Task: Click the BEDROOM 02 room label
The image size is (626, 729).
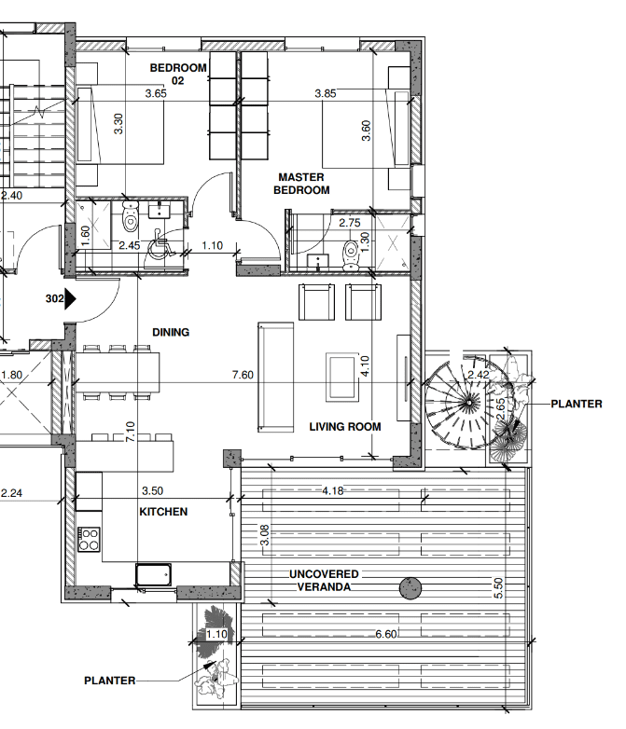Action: (x=178, y=74)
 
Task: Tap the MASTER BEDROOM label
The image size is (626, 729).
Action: (x=301, y=184)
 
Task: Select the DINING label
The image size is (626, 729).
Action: (x=171, y=333)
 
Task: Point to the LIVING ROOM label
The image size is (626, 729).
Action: (x=345, y=427)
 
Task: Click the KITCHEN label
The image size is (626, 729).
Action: (x=163, y=512)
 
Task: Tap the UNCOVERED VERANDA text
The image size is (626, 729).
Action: (x=324, y=581)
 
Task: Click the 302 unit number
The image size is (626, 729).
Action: (x=54, y=298)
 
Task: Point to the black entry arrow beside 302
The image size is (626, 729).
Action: (x=70, y=299)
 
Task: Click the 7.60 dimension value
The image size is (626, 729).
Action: (x=243, y=375)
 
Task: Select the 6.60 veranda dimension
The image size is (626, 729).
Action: (x=386, y=634)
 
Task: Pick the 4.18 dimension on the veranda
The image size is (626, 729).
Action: (x=333, y=490)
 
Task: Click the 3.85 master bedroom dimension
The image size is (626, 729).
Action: (x=326, y=93)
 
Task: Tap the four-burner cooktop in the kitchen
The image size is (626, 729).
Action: (x=89, y=540)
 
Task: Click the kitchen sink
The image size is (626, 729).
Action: (x=153, y=574)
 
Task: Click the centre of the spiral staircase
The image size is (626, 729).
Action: (x=468, y=403)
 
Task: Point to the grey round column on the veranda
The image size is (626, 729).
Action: (x=410, y=588)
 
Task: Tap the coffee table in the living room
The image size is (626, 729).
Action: (x=342, y=377)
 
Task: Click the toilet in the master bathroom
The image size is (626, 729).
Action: (x=350, y=255)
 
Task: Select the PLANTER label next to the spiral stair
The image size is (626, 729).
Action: (x=577, y=404)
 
